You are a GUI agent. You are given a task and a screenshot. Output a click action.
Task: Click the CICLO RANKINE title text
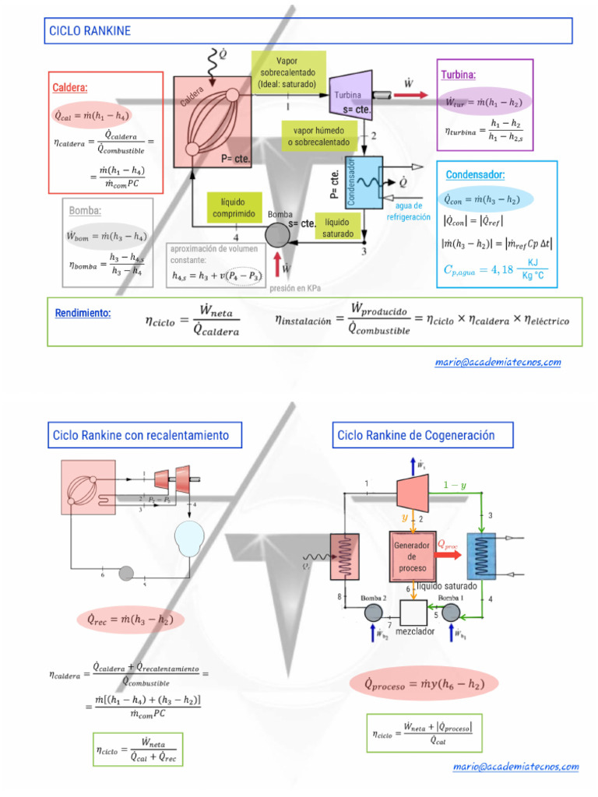[x=90, y=31]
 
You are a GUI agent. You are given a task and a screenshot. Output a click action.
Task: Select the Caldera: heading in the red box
[x=69, y=88]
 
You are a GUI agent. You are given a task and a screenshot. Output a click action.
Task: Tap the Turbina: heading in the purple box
[x=458, y=75]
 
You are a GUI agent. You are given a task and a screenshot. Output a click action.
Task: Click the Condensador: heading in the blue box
[x=475, y=174]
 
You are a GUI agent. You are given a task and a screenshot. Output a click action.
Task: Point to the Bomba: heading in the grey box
[x=85, y=210]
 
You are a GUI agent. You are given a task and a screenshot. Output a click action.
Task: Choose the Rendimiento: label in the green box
[x=83, y=313]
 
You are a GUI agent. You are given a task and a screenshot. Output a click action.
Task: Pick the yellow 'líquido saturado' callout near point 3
[x=337, y=228]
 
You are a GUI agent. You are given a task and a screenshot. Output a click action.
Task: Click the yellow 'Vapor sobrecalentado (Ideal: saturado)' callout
[x=287, y=72]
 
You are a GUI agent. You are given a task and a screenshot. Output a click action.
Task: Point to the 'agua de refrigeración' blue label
[x=408, y=212]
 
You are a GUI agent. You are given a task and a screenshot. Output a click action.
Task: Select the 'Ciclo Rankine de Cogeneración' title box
[x=415, y=435]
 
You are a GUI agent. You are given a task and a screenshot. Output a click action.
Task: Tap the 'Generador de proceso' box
[x=412, y=556]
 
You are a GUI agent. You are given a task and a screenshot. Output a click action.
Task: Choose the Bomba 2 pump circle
[x=373, y=613]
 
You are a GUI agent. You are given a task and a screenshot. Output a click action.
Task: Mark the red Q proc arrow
[x=450, y=555]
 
